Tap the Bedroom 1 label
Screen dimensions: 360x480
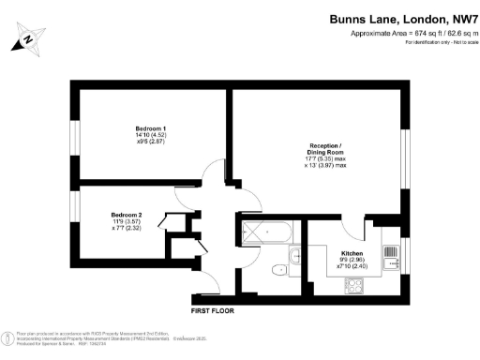pyautogui.click(x=150, y=128)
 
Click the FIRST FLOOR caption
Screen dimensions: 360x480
pyautogui.click(x=212, y=310)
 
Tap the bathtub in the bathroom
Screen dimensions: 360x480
pyautogui.click(x=267, y=230)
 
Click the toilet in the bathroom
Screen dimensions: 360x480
pyautogui.click(x=277, y=270)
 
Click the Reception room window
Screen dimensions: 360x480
pyautogui.click(x=405, y=150)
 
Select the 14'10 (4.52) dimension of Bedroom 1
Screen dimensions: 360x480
pyautogui.click(x=150, y=137)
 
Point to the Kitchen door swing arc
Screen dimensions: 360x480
pyautogui.click(x=351, y=228)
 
